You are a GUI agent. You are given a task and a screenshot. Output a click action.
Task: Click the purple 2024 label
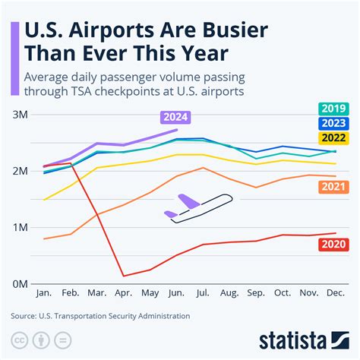click(175, 117)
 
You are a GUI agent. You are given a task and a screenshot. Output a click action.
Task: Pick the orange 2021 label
click(330, 186)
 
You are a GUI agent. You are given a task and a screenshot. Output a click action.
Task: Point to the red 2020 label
click(330, 245)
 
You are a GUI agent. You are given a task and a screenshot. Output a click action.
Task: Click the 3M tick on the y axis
click(20, 115)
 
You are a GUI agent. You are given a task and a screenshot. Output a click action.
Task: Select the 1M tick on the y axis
click(20, 227)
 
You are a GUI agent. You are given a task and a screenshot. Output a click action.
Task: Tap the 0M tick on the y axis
click(20, 283)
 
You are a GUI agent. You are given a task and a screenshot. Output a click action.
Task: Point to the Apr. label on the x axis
click(124, 293)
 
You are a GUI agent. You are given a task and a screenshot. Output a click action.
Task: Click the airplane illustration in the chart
click(197, 207)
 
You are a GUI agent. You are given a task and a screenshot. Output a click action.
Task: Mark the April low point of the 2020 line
click(124, 276)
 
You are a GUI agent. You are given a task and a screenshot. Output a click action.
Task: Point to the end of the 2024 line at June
click(176, 129)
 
